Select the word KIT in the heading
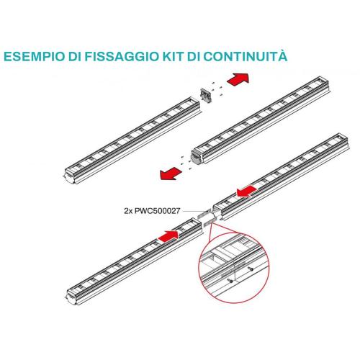pos(172,56)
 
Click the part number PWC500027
pos(157,211)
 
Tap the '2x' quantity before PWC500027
pos(128,211)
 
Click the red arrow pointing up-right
pos(238,79)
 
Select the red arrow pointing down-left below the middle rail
pos(171,174)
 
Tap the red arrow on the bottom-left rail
pos(168,235)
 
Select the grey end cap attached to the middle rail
pos(197,157)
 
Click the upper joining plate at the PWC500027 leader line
pos(204,213)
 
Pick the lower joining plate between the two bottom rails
pos(210,222)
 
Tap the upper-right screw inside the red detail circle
pos(251,269)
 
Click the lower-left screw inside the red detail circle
pos(230,280)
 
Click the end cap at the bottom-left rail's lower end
pos(71,297)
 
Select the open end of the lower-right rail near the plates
pos(218,211)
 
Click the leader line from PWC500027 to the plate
pos(192,211)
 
